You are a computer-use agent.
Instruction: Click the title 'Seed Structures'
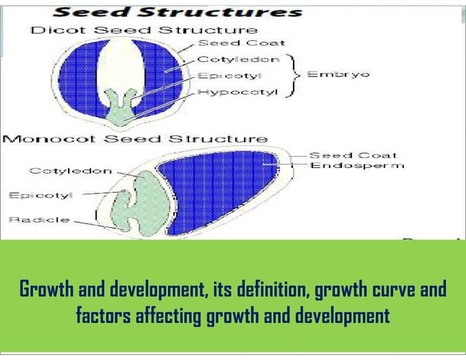point(178,12)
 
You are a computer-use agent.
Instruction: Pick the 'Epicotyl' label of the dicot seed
point(226,74)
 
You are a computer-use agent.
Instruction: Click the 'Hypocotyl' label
point(234,91)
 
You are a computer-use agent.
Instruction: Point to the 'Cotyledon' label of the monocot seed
point(70,171)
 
